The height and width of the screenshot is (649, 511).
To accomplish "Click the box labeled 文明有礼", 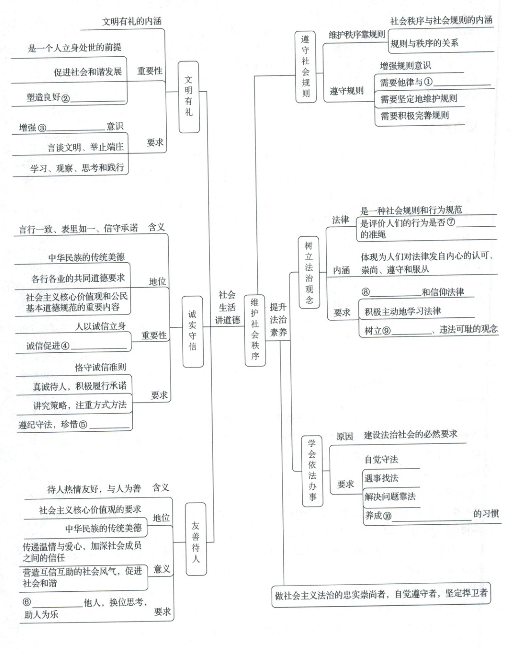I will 189,96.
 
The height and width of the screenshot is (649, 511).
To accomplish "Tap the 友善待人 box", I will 196,541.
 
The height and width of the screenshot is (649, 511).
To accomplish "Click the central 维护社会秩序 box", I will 255,330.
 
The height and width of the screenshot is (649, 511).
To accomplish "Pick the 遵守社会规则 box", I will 306,67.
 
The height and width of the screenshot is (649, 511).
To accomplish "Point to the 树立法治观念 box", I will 309,272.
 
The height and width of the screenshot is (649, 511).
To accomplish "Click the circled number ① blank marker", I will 428,82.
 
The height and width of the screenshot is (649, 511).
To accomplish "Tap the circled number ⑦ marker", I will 451,222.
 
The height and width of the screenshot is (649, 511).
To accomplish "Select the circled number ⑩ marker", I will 387,516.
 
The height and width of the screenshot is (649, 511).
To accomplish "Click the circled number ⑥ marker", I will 27,602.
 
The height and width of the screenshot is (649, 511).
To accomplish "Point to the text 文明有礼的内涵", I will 132,21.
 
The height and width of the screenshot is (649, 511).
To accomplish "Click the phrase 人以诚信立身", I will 100,326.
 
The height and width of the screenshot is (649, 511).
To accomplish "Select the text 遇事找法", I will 381,478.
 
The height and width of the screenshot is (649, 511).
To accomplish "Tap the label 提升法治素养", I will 278,320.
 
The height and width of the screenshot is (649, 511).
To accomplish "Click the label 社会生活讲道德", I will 227,307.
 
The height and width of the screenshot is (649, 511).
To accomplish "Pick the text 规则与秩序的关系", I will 424,43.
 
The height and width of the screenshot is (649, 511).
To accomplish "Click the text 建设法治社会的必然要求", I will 410,435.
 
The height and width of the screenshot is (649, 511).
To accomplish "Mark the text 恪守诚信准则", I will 100,367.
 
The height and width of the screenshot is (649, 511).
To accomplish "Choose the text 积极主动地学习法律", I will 403,311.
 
